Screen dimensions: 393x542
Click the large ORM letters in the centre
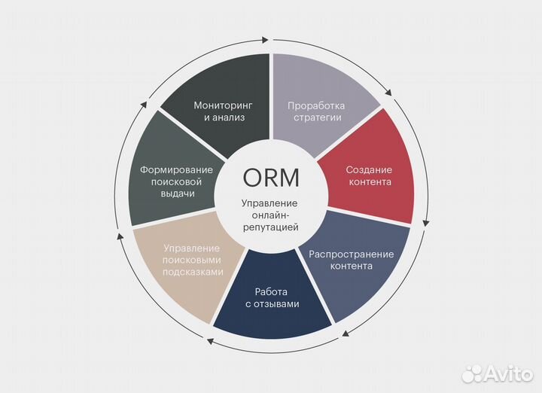(x=271, y=178)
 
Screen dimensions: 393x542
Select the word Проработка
(x=316, y=105)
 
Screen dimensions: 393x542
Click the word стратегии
(x=316, y=117)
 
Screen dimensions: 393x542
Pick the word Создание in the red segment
(x=369, y=169)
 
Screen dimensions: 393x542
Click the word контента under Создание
(x=369, y=182)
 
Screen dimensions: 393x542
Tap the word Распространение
(x=352, y=253)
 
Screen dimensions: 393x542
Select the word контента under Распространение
(x=352, y=266)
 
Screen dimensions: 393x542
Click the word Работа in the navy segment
(x=272, y=291)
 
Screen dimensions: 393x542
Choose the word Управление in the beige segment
(x=191, y=248)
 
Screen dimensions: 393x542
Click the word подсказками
(x=192, y=272)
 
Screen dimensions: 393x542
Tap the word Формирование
(x=177, y=169)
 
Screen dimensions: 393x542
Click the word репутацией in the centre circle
(x=270, y=227)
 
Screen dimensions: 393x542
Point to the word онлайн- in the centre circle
(x=269, y=215)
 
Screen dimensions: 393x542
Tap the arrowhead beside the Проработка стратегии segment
(x=388, y=95)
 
